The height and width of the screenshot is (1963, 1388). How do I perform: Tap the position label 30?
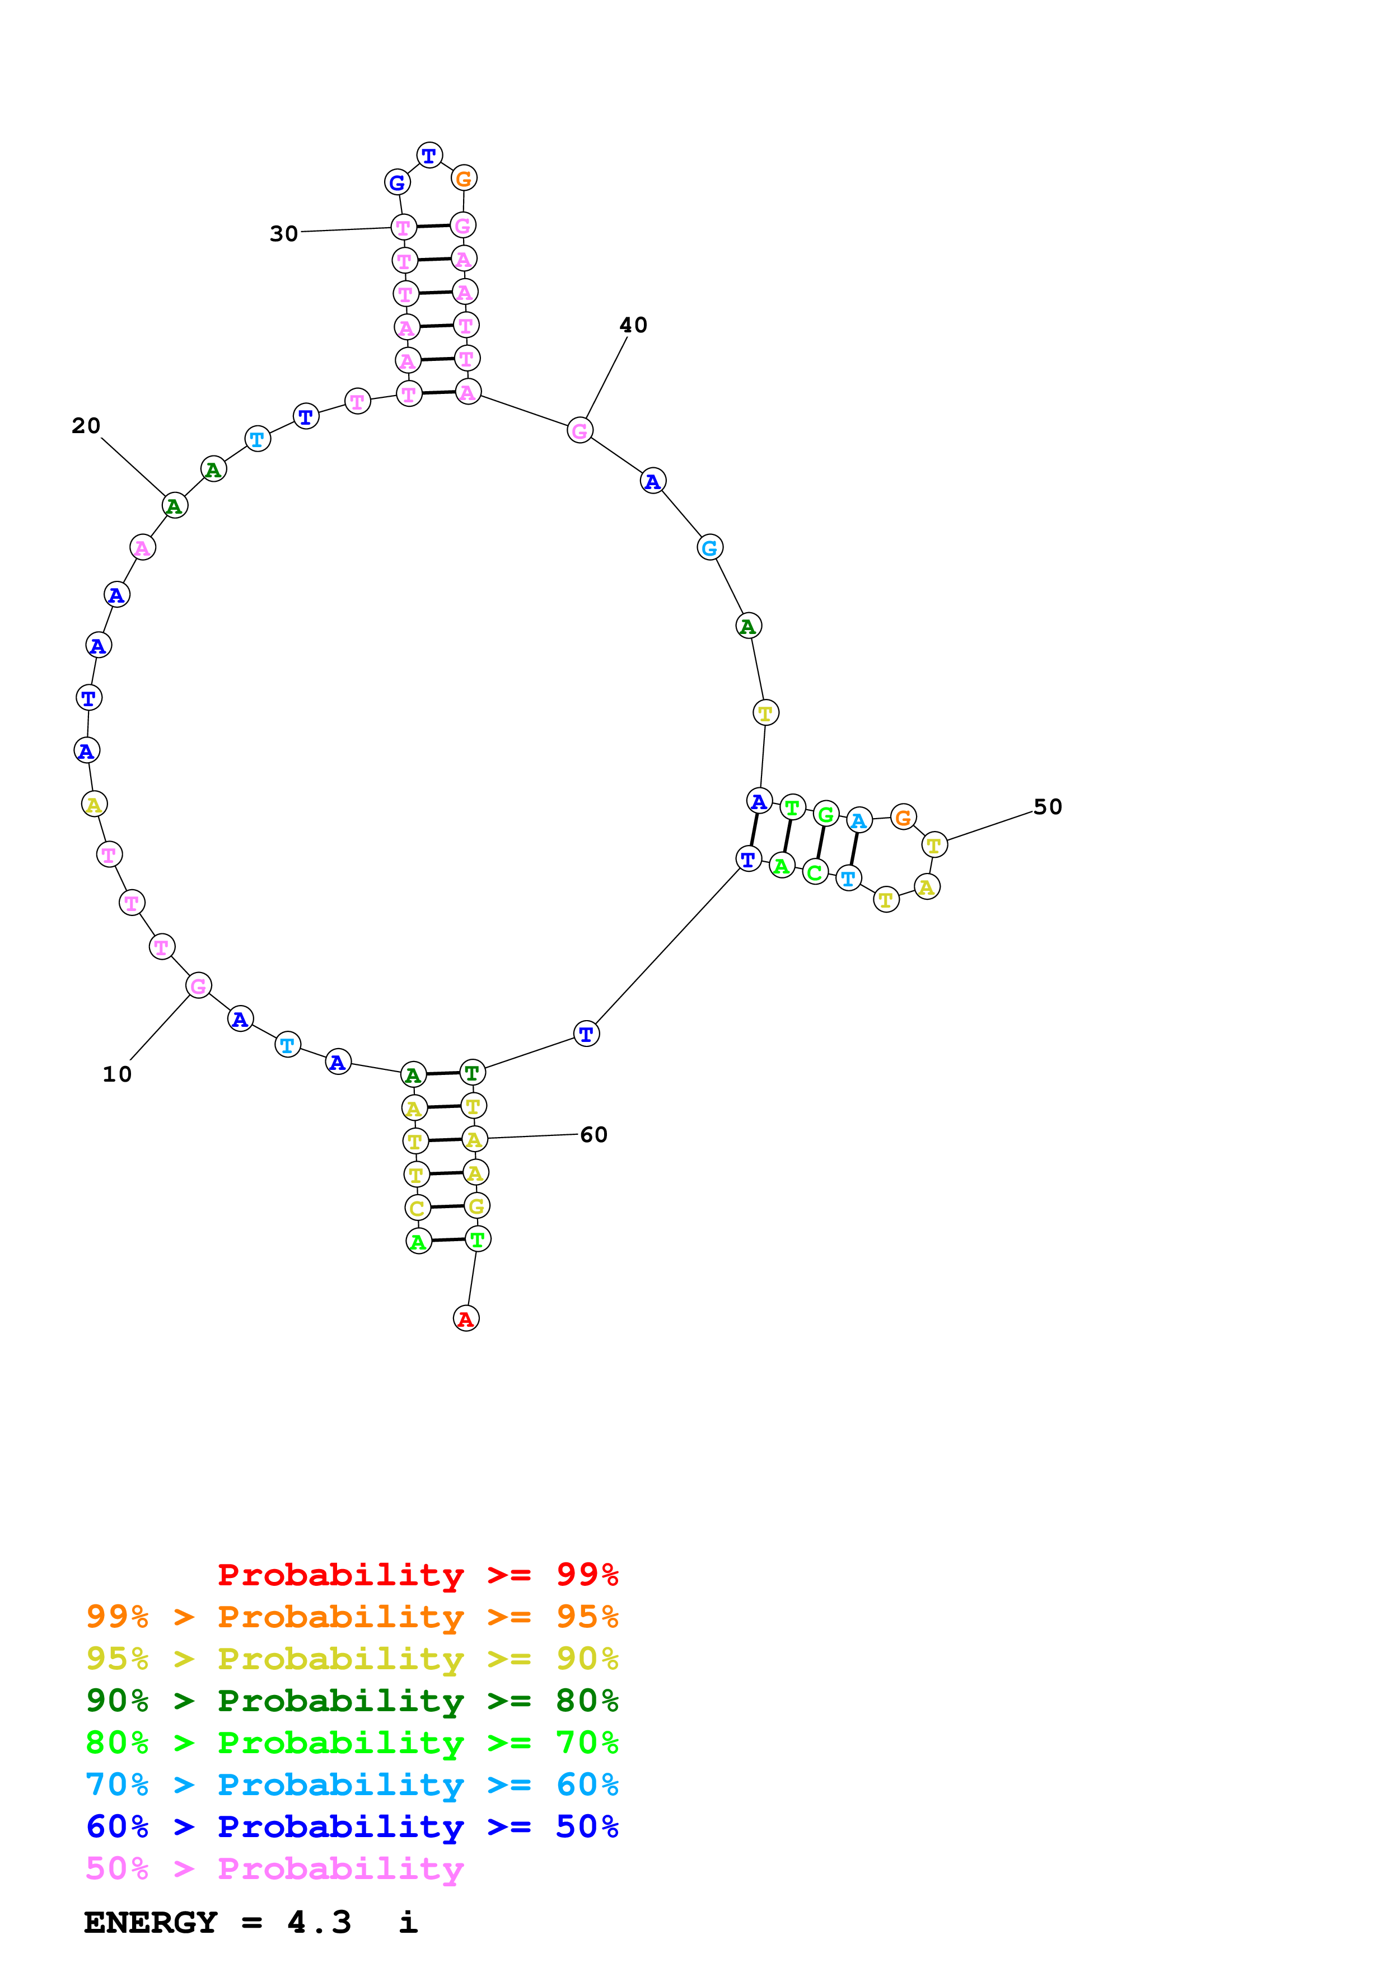tap(284, 233)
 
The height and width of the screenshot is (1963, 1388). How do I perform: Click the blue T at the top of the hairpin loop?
tap(429, 156)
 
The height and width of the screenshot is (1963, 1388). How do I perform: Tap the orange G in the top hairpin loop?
tap(464, 179)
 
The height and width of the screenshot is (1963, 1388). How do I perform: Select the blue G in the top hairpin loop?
tap(397, 182)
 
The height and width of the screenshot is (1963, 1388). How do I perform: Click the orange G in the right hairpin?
tap(903, 818)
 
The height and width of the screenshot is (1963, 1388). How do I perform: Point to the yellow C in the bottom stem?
tap(417, 1208)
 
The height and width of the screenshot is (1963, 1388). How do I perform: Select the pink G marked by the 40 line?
tap(580, 431)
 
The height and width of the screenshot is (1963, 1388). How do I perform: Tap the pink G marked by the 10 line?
tap(198, 986)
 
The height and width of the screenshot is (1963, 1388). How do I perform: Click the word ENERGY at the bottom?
tap(151, 1922)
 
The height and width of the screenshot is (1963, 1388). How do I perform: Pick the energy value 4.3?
tap(319, 1922)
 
